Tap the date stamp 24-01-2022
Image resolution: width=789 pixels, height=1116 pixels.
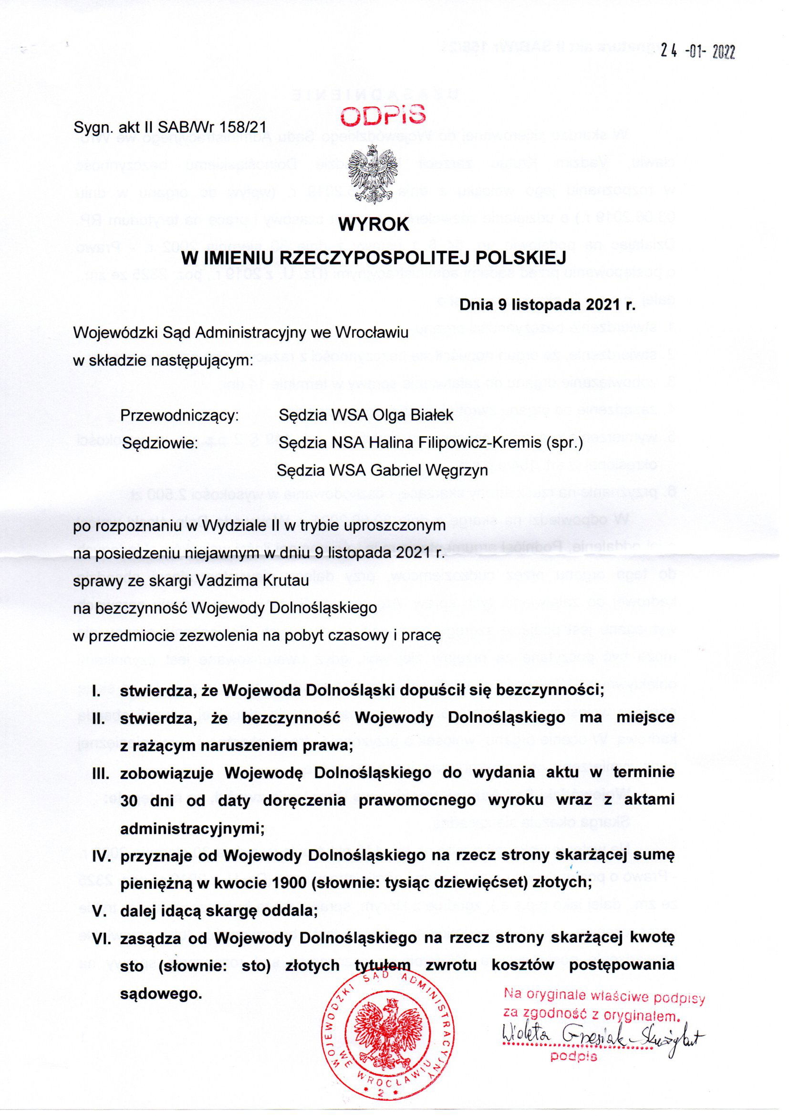tap(697, 52)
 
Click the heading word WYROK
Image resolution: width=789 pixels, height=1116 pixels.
tap(374, 225)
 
